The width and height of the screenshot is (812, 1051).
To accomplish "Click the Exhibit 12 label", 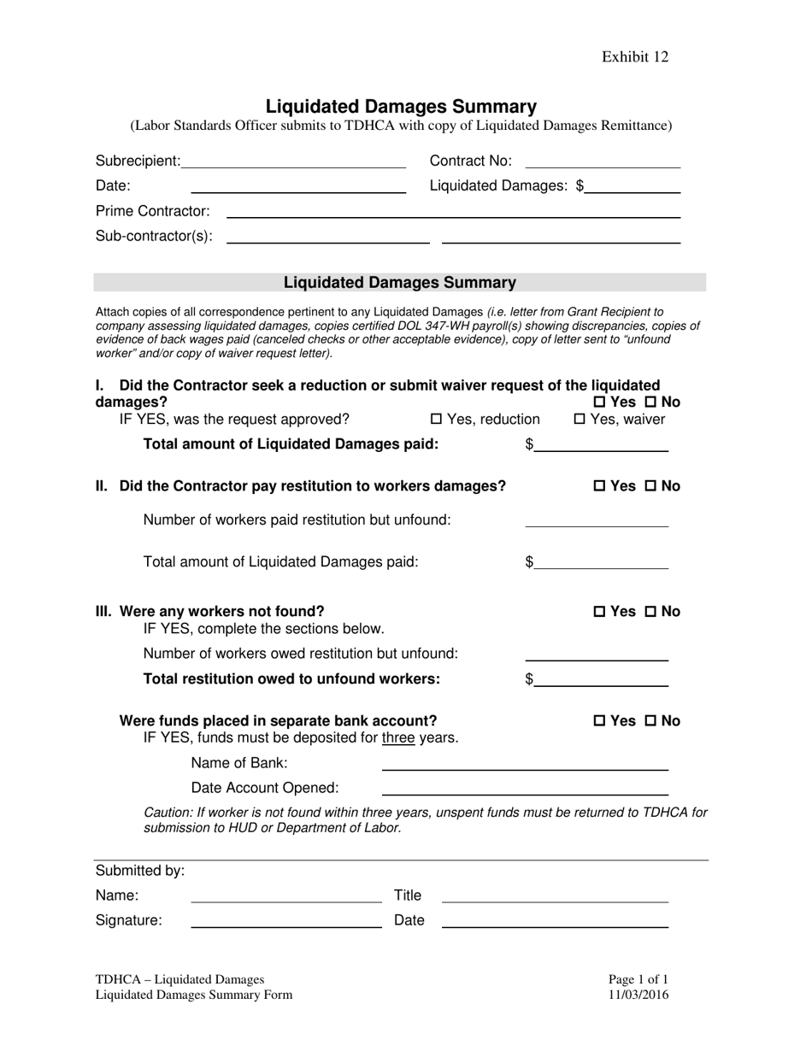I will pyautogui.click(x=634, y=57).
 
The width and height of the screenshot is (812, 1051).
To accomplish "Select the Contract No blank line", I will pyautogui.click(x=603, y=161).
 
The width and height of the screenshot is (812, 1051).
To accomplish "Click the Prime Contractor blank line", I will pyautogui.click(x=453, y=211).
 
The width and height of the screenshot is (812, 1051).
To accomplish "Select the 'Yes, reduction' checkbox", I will pyautogui.click(x=436, y=420).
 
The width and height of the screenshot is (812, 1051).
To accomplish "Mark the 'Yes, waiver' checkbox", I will pyautogui.click(x=580, y=420).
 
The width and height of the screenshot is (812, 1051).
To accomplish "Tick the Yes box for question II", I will pyautogui.click(x=599, y=486).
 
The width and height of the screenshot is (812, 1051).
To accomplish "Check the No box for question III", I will pyautogui.click(x=650, y=612).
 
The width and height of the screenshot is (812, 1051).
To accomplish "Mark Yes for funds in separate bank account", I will pyautogui.click(x=599, y=721).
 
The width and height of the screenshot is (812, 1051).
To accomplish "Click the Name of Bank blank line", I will pyautogui.click(x=524, y=764).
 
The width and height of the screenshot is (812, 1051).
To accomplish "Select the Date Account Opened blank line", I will pyautogui.click(x=524, y=788).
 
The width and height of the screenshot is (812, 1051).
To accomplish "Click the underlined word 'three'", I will pyautogui.click(x=398, y=738).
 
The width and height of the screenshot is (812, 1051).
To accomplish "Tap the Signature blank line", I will pyautogui.click(x=285, y=921).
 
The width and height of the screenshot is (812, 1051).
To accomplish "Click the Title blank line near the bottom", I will pyautogui.click(x=555, y=896).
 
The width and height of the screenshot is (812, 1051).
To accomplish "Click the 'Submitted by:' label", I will pyautogui.click(x=140, y=871).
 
